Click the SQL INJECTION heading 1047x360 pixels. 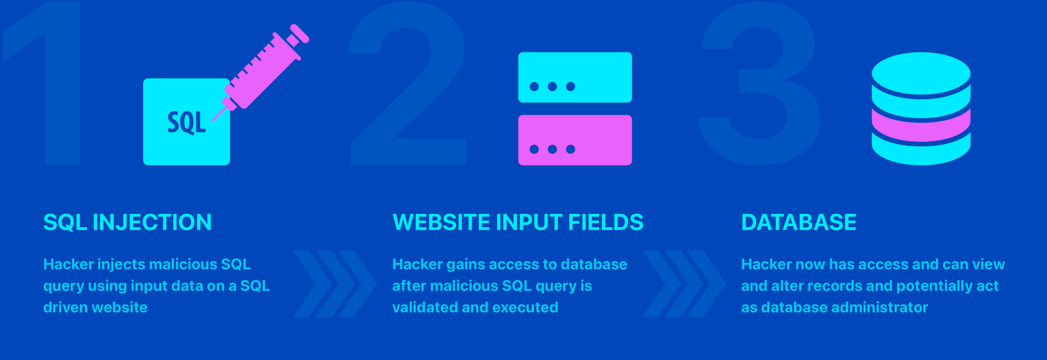coord(127,222)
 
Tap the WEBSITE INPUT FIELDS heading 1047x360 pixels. coord(518,222)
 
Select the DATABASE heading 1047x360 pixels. coord(798,222)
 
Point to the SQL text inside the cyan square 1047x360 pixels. coord(186,122)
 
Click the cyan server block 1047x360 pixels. coord(575,77)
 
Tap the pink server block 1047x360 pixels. coord(575,140)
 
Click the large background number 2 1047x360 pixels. coord(408,84)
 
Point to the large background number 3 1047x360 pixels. coord(758,84)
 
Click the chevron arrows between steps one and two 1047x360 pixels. coord(334,283)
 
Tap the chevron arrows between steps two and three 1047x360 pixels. coord(684,283)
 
